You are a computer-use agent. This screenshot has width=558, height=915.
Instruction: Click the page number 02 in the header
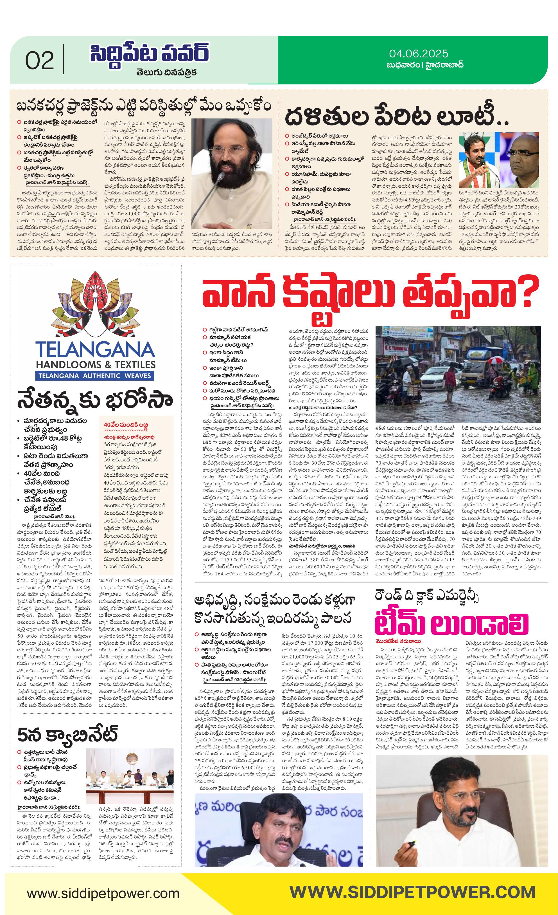coord(39,61)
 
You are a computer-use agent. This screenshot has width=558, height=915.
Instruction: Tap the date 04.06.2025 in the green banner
coord(419,54)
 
